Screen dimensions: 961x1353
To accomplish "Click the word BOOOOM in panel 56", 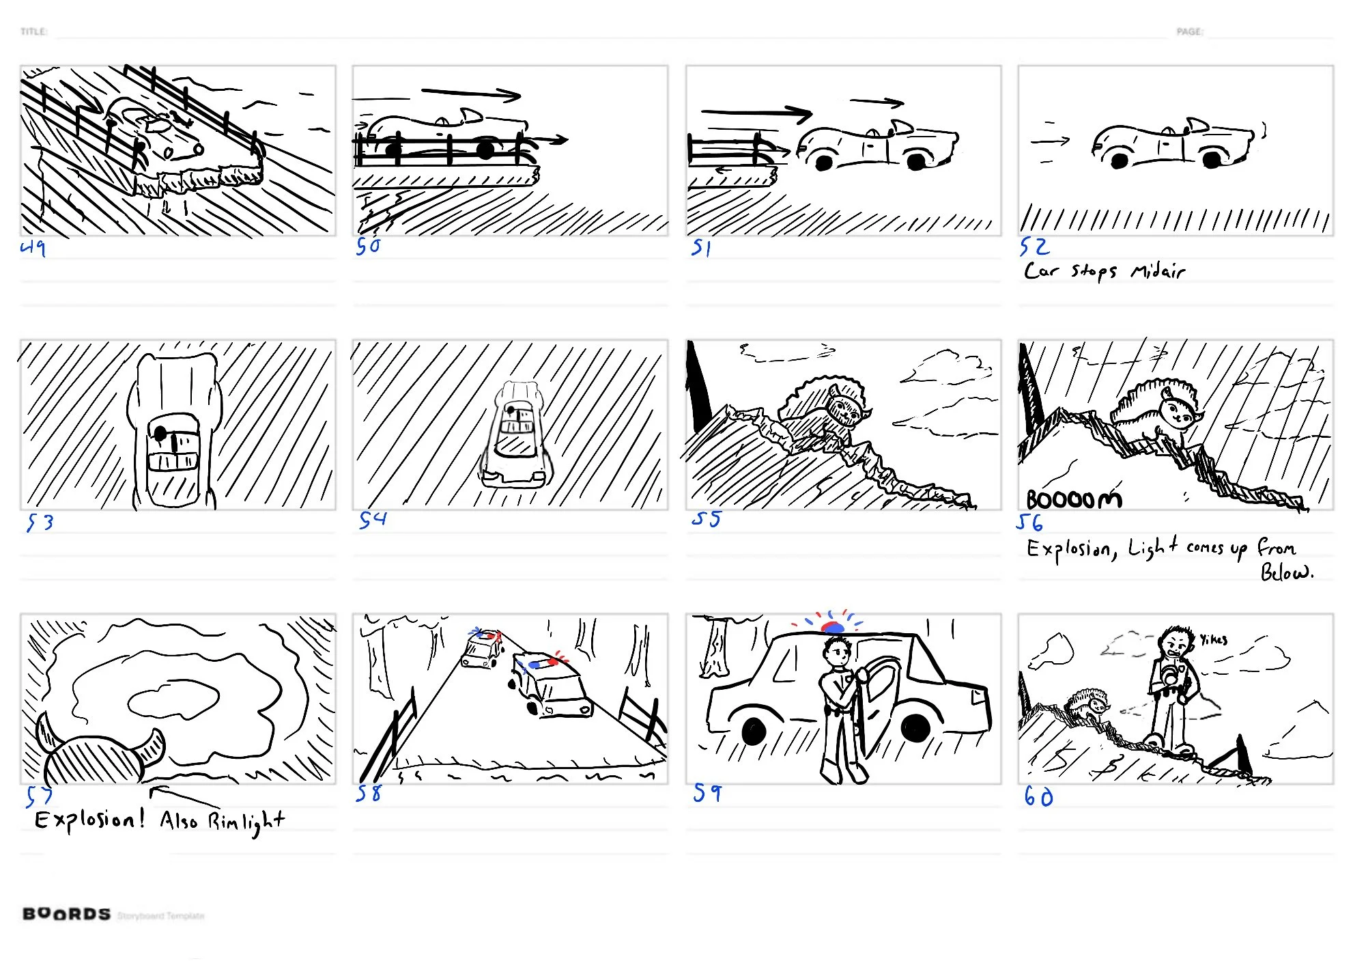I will click(1073, 500).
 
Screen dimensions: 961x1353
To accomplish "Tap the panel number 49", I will click(33, 247).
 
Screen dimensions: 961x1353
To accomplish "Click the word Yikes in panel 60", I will click(1214, 639).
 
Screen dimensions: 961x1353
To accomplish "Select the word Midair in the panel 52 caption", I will click(1158, 271).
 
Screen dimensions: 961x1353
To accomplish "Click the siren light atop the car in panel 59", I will click(833, 626).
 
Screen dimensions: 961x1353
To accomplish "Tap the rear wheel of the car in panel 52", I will click(1119, 161).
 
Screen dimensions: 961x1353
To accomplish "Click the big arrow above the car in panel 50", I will click(471, 94).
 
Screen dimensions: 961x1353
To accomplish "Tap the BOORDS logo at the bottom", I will click(66, 914).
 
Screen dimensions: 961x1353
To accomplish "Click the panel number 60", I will click(1038, 796).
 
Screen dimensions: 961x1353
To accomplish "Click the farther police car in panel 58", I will click(483, 649).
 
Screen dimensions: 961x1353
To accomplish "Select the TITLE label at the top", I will click(33, 31).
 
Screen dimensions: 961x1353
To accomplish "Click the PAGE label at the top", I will click(1189, 31).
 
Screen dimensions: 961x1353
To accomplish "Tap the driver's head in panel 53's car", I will click(161, 433).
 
